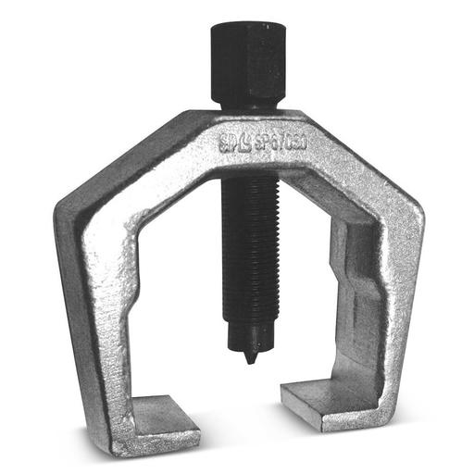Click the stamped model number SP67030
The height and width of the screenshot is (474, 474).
268,142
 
